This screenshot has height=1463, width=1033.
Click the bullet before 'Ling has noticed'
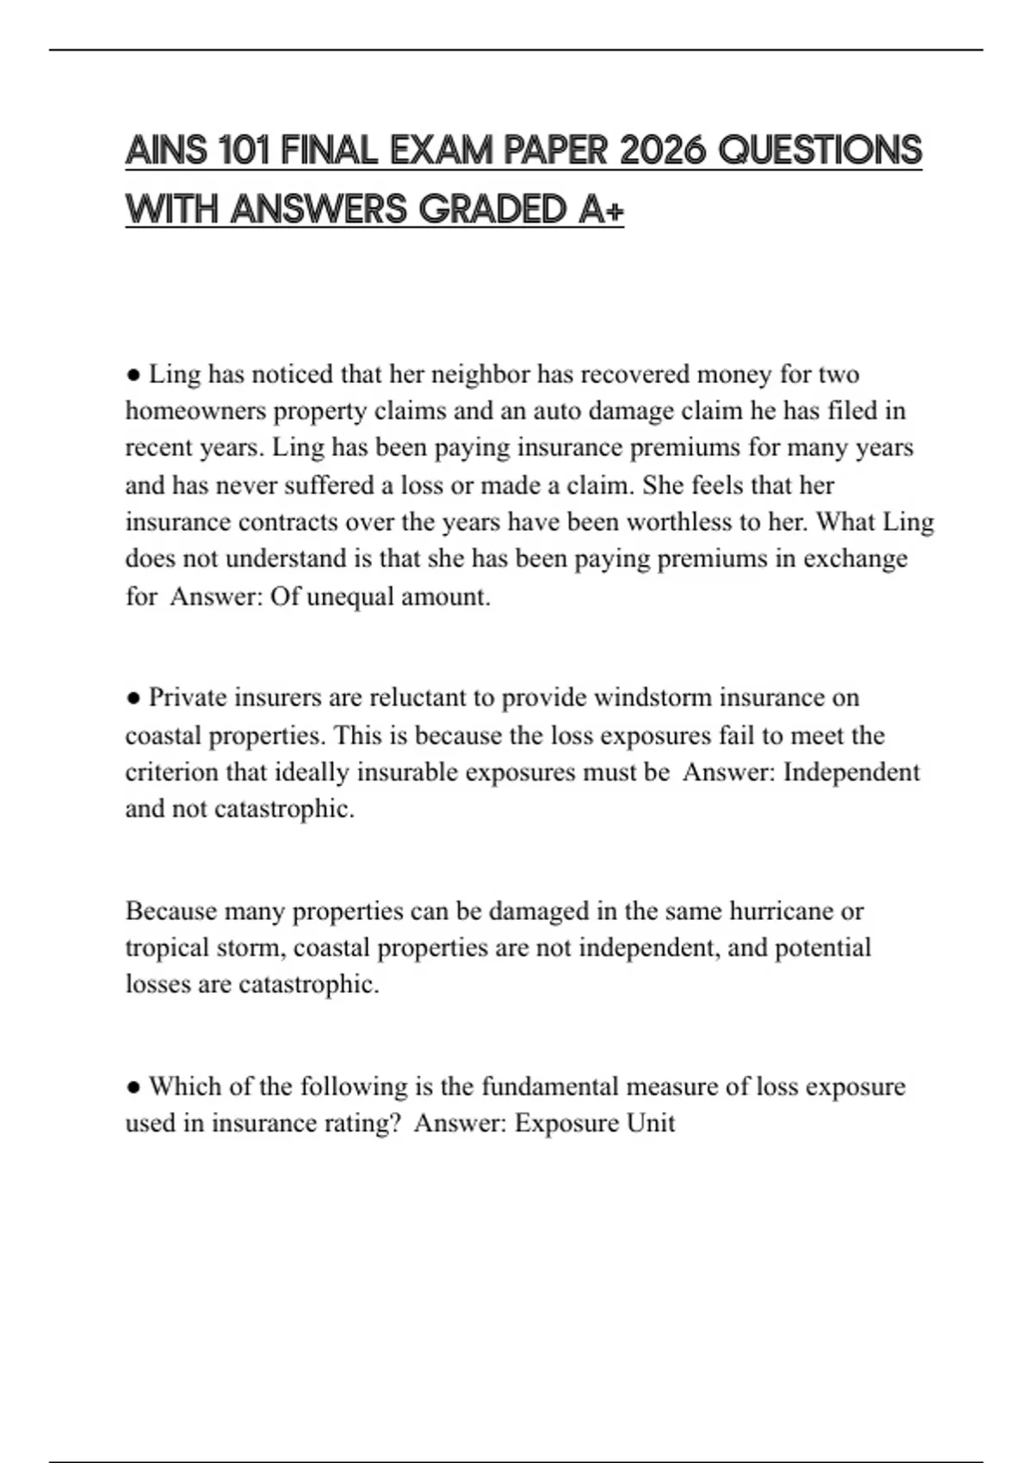pos(133,375)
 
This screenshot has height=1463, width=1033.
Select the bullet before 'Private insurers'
pos(133,698)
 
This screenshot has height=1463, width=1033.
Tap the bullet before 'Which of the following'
pos(133,1087)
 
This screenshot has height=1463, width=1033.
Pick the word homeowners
pos(195,411)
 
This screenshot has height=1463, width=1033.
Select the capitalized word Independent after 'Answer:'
pos(851,772)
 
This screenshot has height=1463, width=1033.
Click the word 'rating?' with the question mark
pos(362,1123)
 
